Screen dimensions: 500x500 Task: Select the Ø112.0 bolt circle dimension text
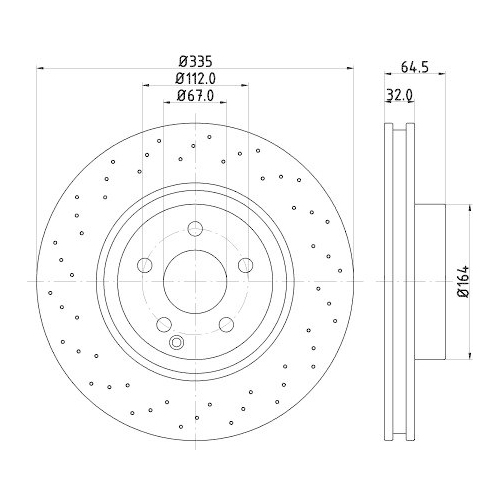coord(195,78)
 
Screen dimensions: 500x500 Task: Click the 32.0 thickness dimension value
coord(401,97)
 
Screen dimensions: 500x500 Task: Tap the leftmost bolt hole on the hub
coord(144,264)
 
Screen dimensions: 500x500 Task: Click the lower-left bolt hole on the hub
coord(163,323)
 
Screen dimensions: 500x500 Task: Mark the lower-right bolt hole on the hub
coord(226,323)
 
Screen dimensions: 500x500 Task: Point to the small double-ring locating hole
coord(178,343)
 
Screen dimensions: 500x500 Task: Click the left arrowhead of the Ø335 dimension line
coord(40,68)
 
